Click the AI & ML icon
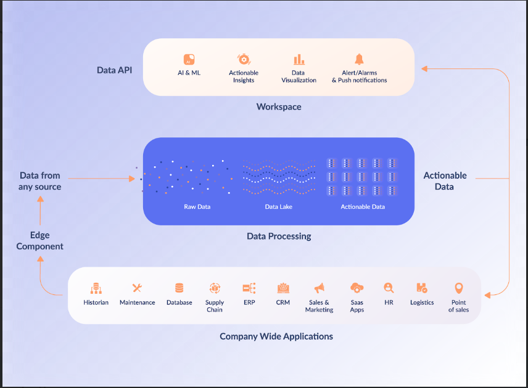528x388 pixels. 189,59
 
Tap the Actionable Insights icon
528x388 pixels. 244,59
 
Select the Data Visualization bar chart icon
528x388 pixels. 299,59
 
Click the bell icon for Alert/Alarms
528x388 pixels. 359,59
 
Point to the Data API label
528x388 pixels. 115,70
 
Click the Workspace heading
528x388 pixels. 279,107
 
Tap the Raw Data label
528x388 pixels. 197,207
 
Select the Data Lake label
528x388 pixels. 279,207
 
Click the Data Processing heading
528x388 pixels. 279,236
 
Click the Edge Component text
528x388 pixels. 40,241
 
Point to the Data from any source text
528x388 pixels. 40,181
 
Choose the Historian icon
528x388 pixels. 96,288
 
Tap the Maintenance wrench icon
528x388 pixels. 137,288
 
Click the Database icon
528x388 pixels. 179,288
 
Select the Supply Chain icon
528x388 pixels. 215,288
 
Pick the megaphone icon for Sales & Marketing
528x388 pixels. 319,288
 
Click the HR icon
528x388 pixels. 389,288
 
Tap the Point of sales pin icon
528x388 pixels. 458,288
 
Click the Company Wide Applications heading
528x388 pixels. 276,336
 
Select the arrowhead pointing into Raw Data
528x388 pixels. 131,179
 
